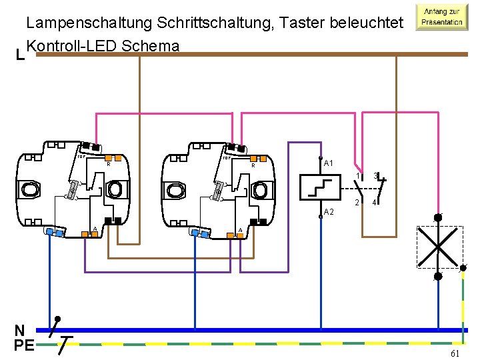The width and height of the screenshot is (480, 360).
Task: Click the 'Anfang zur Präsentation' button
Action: point(440,17)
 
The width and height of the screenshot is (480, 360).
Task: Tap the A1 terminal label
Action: point(328,163)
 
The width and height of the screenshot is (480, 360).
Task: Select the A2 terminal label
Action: point(328,212)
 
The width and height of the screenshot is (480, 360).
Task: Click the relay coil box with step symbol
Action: point(320,187)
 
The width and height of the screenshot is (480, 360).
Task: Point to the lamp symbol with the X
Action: point(439,246)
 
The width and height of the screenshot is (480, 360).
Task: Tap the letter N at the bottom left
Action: point(21,330)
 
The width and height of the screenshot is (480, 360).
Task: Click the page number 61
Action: point(455,353)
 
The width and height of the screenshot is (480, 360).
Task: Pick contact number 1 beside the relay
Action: point(357,177)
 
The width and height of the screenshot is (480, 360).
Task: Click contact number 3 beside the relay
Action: point(375,177)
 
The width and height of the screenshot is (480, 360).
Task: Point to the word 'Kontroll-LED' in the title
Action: point(71,45)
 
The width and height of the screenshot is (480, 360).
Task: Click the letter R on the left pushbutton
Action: point(109,164)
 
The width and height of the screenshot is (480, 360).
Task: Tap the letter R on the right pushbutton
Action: point(253,165)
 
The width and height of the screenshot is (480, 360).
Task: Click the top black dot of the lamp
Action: point(438,217)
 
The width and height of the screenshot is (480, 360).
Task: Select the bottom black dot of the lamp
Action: point(438,275)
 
